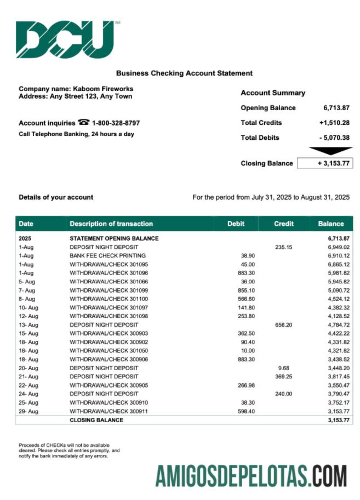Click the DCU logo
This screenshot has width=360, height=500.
(x=65, y=39)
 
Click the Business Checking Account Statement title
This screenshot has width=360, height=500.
(x=184, y=73)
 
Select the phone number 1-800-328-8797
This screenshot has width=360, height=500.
(x=116, y=123)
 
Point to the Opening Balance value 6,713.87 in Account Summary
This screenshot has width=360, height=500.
(x=336, y=108)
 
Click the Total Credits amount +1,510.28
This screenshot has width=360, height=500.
(x=334, y=123)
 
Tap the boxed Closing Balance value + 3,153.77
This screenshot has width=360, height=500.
(x=325, y=163)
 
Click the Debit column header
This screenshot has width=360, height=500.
(x=236, y=224)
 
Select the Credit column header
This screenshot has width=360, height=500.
(x=284, y=224)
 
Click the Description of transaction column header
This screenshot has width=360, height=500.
(x=111, y=224)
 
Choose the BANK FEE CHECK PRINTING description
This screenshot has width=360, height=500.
(x=107, y=256)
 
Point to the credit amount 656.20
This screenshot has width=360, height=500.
(x=284, y=325)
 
